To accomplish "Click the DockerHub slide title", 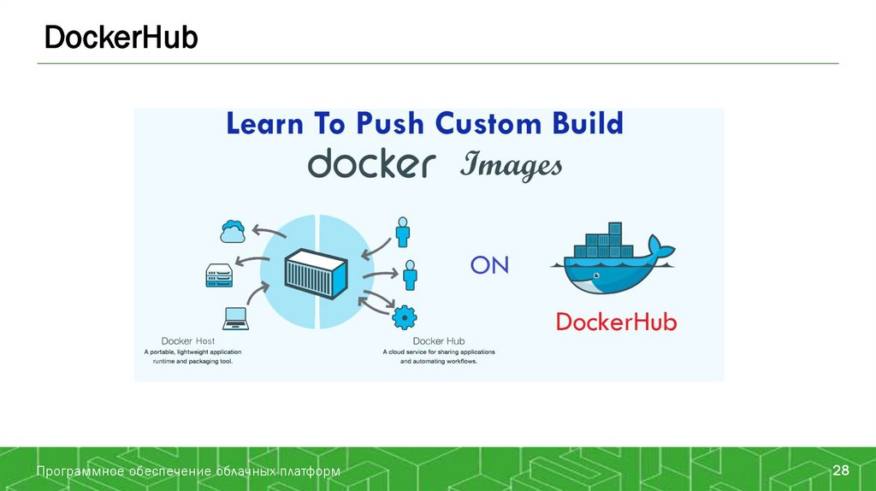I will pos(121,38).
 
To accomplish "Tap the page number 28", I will pos(841,471).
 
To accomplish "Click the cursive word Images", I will pos(511,166).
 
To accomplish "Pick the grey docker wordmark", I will pos(371,163).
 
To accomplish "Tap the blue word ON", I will pos(489,266).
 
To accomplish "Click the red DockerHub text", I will pos(616,322).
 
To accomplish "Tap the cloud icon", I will pos(233,230).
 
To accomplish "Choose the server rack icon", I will pos(219,275).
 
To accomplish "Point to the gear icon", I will pos(404,318).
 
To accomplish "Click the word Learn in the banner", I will pos(264,124).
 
